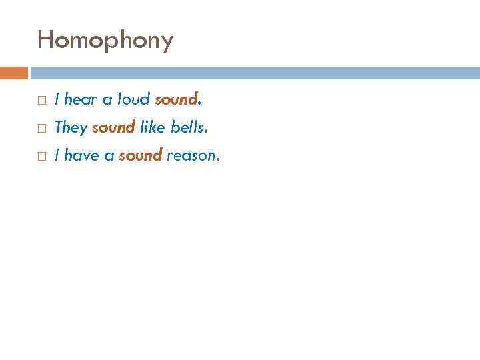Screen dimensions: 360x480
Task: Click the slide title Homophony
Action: tap(105, 41)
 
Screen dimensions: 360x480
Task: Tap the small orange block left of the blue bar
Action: tap(14, 73)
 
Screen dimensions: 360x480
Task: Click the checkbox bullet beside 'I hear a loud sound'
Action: tap(41, 100)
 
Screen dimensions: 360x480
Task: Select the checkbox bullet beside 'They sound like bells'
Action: tap(41, 127)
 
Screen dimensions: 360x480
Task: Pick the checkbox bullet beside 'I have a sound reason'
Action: tap(41, 156)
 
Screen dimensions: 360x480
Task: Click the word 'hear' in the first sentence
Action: tap(81, 100)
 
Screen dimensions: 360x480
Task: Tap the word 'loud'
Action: tap(133, 100)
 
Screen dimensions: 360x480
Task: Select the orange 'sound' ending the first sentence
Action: tap(176, 100)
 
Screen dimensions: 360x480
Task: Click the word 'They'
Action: tap(71, 127)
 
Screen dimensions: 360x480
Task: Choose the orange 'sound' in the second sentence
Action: tap(113, 127)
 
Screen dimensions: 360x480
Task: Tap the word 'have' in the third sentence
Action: tap(82, 156)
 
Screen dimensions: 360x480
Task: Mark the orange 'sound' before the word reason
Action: tap(141, 156)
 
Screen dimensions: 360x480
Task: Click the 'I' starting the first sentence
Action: tap(57, 100)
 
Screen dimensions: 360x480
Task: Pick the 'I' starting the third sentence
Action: tap(57, 156)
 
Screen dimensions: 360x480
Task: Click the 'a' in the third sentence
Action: tap(109, 157)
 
